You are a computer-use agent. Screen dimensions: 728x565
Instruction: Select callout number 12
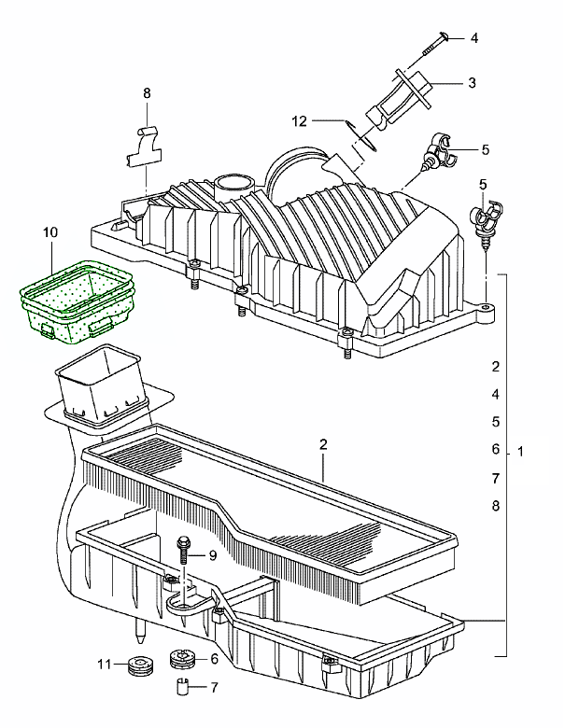[299, 120]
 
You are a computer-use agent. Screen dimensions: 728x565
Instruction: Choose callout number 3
[472, 83]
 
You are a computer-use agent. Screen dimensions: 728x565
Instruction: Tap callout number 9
[212, 555]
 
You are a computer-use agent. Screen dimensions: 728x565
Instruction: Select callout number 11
[105, 664]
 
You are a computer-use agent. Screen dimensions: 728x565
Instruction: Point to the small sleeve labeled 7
[183, 690]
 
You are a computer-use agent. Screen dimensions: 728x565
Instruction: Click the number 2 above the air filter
[322, 444]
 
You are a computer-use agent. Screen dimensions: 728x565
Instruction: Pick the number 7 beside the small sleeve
[214, 688]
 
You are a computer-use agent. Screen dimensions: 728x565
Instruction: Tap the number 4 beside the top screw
[473, 38]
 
